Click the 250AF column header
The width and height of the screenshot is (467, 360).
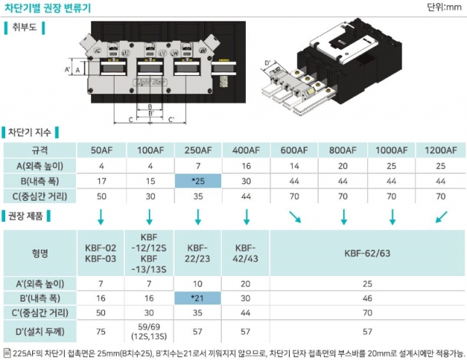coord(198,150)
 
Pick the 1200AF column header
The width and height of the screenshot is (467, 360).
coord(440,150)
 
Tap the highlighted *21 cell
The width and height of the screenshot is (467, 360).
coord(198,299)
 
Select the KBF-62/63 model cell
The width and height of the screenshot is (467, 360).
coord(367,254)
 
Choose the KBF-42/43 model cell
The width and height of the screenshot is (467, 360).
coord(247,254)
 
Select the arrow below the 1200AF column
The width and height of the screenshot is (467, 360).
coord(439,216)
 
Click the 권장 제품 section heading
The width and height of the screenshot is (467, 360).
coord(29,216)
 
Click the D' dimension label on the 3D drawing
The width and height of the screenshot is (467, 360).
coord(268,62)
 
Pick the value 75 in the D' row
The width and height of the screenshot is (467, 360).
coord(101,331)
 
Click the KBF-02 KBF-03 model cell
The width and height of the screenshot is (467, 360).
coord(101,254)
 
